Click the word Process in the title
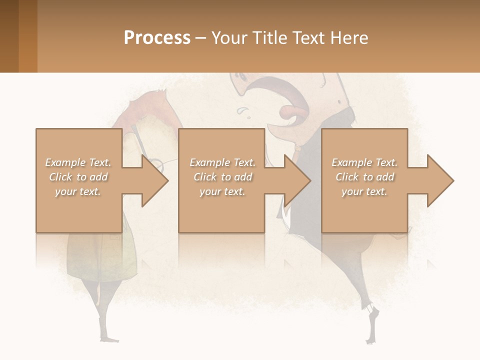coord(157,38)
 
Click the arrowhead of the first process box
coord(154,180)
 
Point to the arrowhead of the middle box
coord(296,180)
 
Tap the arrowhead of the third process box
coord(440,180)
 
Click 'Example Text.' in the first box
coord(78,162)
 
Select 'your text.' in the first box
coord(78,191)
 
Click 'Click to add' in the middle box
coord(222,177)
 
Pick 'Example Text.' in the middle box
coord(222,162)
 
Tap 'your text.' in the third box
coord(364,191)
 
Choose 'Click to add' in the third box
coord(364,177)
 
